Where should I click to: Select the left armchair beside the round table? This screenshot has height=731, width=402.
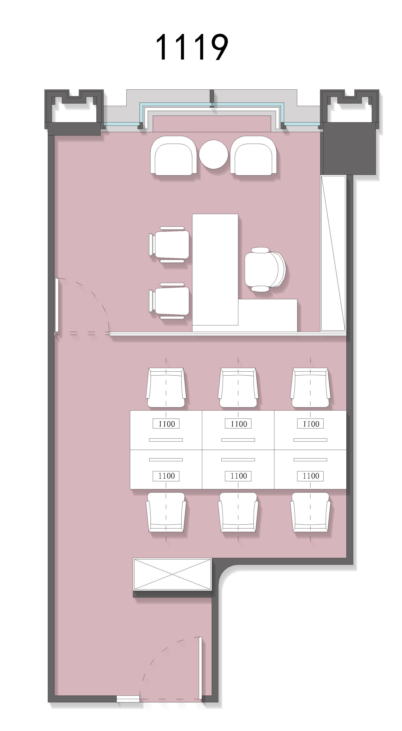point(173,156)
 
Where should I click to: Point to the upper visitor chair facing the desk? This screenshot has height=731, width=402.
point(169,244)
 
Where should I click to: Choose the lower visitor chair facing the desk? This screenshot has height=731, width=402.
point(169,301)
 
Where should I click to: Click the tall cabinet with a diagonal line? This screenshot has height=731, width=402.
point(333,253)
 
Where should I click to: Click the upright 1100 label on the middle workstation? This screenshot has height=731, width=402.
point(238,476)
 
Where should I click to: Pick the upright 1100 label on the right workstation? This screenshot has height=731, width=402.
point(310,476)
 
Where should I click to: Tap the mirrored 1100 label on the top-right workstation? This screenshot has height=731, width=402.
point(310,424)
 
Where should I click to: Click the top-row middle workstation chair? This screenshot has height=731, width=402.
point(238,388)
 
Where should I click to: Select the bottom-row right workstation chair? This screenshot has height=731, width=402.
point(310,512)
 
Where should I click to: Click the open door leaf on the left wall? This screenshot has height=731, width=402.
point(57,305)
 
